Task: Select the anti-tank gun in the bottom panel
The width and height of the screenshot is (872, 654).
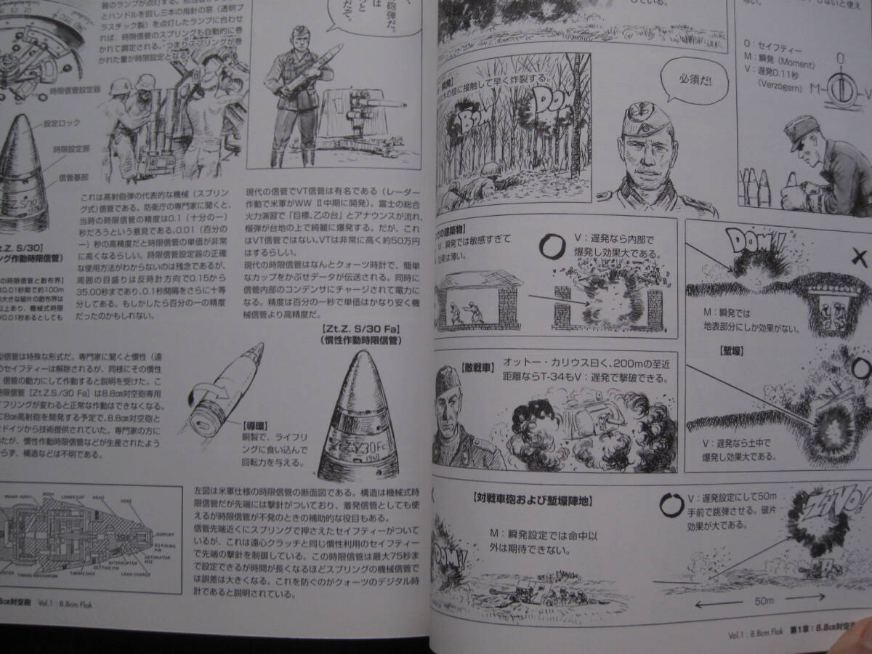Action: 522,595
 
